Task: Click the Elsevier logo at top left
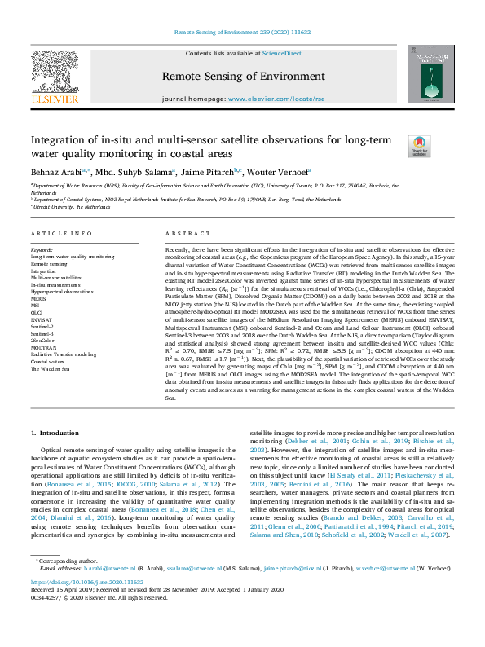pos(55,77)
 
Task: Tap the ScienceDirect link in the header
pos(282,53)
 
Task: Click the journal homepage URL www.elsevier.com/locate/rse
pos(273,99)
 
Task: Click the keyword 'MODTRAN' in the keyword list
pos(43,346)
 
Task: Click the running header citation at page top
pos(242,33)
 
